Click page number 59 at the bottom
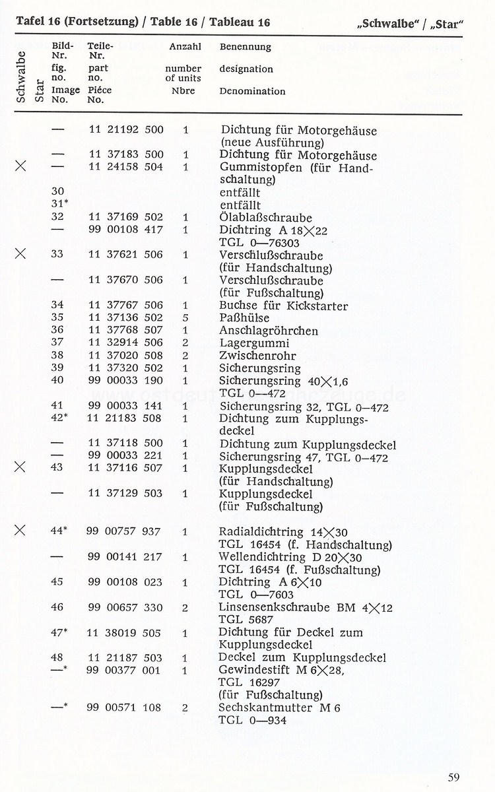[453, 777]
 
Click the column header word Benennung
[245, 48]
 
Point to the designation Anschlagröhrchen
[269, 331]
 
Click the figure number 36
[57, 331]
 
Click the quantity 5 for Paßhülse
[185, 318]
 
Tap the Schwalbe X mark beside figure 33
[20, 255]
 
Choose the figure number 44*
[59, 531]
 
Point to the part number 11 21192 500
[125, 130]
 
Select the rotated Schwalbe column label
[20, 77]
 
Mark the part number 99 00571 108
[124, 708]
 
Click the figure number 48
[57, 657]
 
